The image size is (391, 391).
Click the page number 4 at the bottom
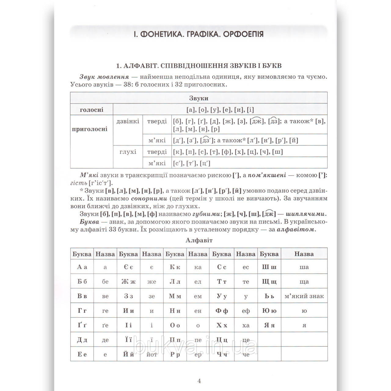coord(199,381)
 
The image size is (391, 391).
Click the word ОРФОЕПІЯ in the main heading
coord(243,34)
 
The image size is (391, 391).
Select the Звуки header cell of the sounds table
coord(199,98)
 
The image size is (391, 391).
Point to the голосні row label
coord(91,110)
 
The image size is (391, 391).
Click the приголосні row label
coord(90,129)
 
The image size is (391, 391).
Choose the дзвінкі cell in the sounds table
coord(128,121)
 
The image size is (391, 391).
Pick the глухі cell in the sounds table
coord(128,152)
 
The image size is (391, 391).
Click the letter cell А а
coord(82,267)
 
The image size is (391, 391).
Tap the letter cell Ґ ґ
coord(82,325)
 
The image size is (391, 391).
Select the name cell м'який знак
coord(304,296)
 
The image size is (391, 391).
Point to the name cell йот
coord(152,354)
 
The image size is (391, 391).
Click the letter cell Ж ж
coord(128,282)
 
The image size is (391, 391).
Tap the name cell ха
coord(246,325)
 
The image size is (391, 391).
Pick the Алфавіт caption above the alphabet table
coord(199,240)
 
